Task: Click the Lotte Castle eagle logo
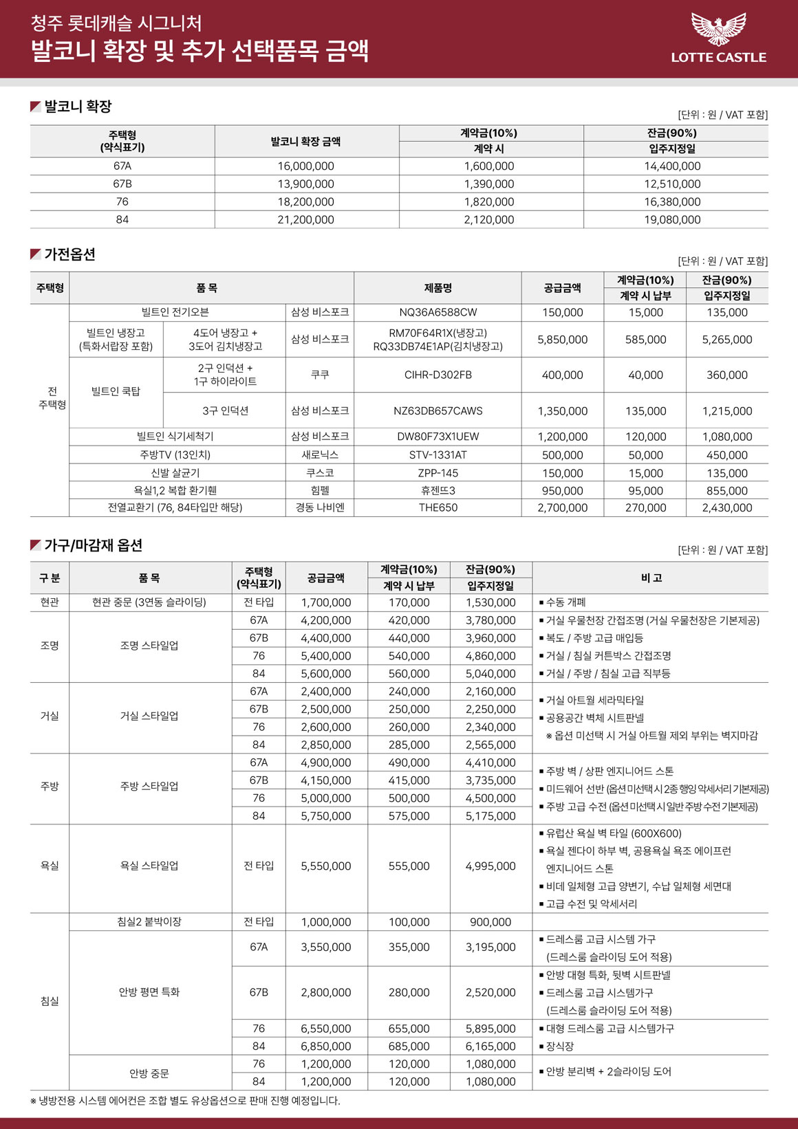[x=718, y=29]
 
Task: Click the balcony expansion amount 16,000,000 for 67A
[x=306, y=166]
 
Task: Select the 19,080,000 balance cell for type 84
[x=672, y=220]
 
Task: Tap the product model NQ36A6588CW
[x=438, y=312]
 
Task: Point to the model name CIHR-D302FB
[x=438, y=375]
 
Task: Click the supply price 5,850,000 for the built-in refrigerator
[x=562, y=340]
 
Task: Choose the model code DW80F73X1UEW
[x=438, y=437]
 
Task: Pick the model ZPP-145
[x=438, y=473]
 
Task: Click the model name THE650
[x=438, y=507]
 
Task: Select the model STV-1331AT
[x=438, y=455]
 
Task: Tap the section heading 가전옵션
[x=69, y=254]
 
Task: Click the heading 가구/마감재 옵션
[x=93, y=545]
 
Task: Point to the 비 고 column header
[x=650, y=578]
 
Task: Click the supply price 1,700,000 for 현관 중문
[x=326, y=602]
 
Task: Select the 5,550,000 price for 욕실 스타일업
[x=326, y=866]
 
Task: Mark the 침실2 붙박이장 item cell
[x=149, y=922]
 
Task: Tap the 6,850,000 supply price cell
[x=326, y=1046]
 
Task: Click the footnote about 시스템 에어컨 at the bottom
[x=186, y=1101]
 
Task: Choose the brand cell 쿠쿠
[x=320, y=375]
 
